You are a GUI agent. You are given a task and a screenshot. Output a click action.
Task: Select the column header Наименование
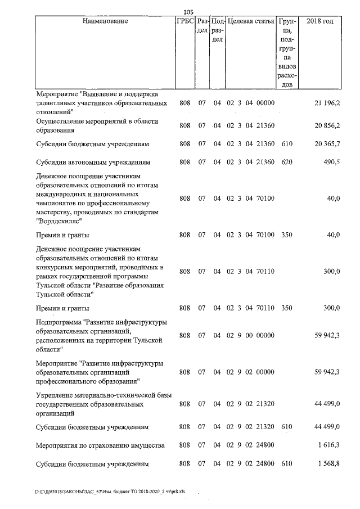[105, 21]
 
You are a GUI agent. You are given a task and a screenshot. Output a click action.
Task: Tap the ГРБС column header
[184, 21]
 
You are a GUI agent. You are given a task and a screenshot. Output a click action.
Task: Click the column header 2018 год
[319, 21]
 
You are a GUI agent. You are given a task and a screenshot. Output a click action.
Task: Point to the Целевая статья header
[251, 21]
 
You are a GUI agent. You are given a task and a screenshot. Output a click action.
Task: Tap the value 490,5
[331, 162]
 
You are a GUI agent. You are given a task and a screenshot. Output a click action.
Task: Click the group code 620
[287, 162]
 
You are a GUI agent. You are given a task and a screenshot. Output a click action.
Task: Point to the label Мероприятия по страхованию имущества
[100, 445]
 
